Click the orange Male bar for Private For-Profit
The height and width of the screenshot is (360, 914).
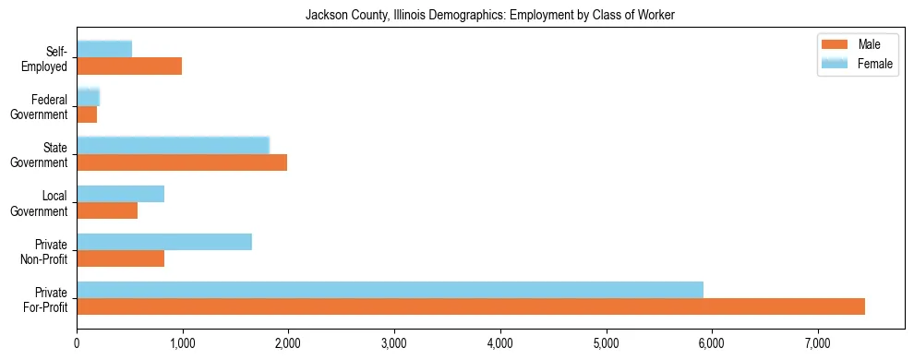pos(471,306)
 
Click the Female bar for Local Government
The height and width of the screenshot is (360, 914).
pos(120,194)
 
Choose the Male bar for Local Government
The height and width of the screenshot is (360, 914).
pos(107,210)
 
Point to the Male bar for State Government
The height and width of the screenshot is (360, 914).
pos(182,162)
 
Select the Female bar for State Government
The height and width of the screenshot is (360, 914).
pos(173,146)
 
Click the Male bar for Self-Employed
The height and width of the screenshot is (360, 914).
pos(129,66)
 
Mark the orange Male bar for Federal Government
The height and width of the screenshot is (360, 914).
pos(87,114)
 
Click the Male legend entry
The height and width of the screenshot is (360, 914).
pos(855,45)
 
